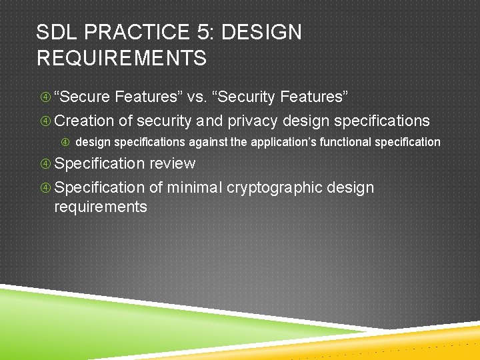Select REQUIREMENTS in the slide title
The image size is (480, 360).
click(x=121, y=58)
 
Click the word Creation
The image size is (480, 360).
click(x=84, y=121)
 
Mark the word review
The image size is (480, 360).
click(x=172, y=163)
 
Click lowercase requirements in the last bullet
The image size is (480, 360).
click(x=101, y=207)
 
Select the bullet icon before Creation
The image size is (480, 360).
click(x=45, y=121)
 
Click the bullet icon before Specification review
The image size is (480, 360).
click(x=45, y=164)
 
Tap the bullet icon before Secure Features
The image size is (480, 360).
click(x=45, y=97)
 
